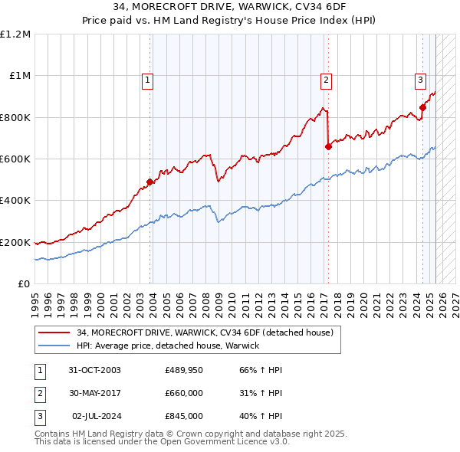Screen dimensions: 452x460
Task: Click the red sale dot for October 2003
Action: coord(150,182)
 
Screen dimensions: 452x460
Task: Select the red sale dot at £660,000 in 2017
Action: coord(328,146)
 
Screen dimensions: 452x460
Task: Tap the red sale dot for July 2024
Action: coord(422,108)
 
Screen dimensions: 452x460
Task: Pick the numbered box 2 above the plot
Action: coord(326,78)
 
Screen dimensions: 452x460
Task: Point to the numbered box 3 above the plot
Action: coord(421,78)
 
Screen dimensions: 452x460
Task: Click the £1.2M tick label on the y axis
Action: coord(15,34)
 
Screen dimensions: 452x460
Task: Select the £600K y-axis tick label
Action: coord(15,159)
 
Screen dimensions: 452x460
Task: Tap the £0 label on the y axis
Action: coord(23,284)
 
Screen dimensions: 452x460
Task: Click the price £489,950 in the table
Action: coord(183,370)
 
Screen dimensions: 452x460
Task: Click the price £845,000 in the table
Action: coord(183,416)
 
